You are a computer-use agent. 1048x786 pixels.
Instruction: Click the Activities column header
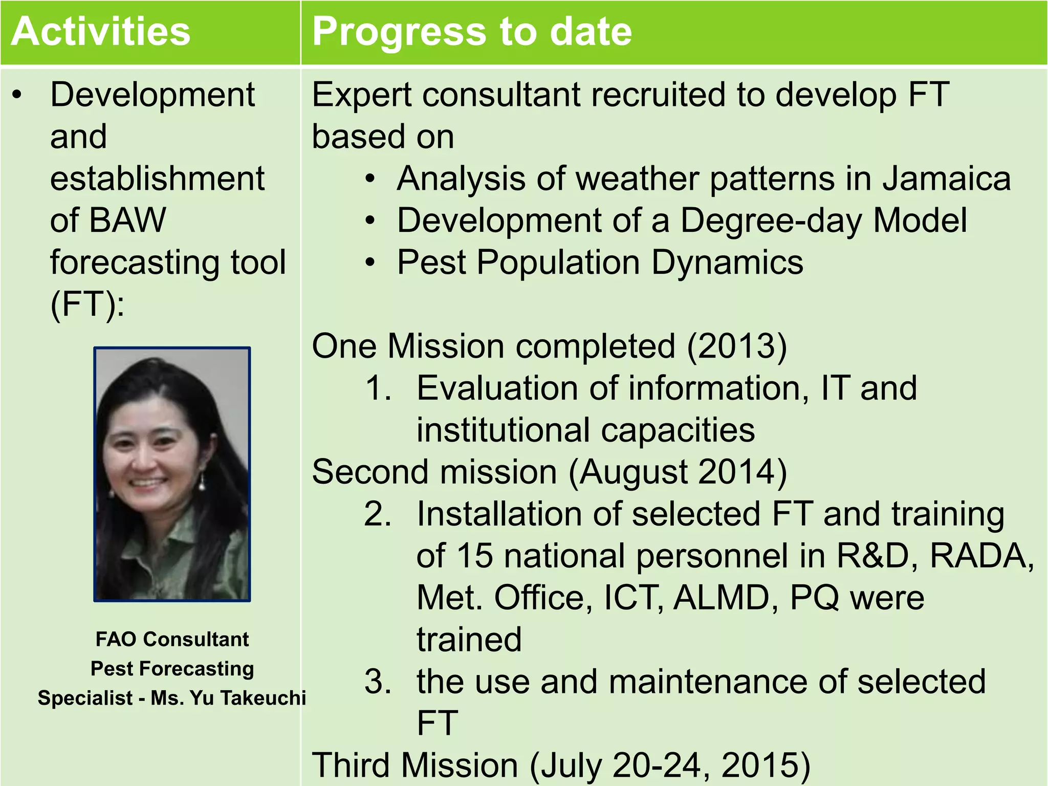pyautogui.click(x=101, y=32)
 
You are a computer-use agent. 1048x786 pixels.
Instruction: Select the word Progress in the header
pyautogui.click(x=399, y=32)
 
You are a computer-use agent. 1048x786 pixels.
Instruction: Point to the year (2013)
pyautogui.click(x=737, y=346)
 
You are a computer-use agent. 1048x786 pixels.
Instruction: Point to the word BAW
pyautogui.click(x=127, y=221)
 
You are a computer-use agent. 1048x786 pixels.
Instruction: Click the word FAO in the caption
pyautogui.click(x=116, y=640)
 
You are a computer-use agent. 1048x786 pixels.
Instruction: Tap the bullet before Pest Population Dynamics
pyautogui.click(x=370, y=263)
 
